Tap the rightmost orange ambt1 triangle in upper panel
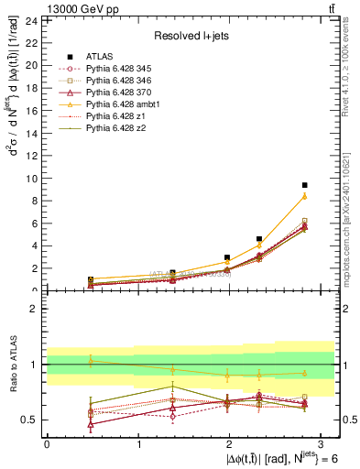pyautogui.click(x=305, y=196)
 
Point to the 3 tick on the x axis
pyautogui.click(x=322, y=443)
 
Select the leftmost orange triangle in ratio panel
pyautogui.click(x=91, y=361)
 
